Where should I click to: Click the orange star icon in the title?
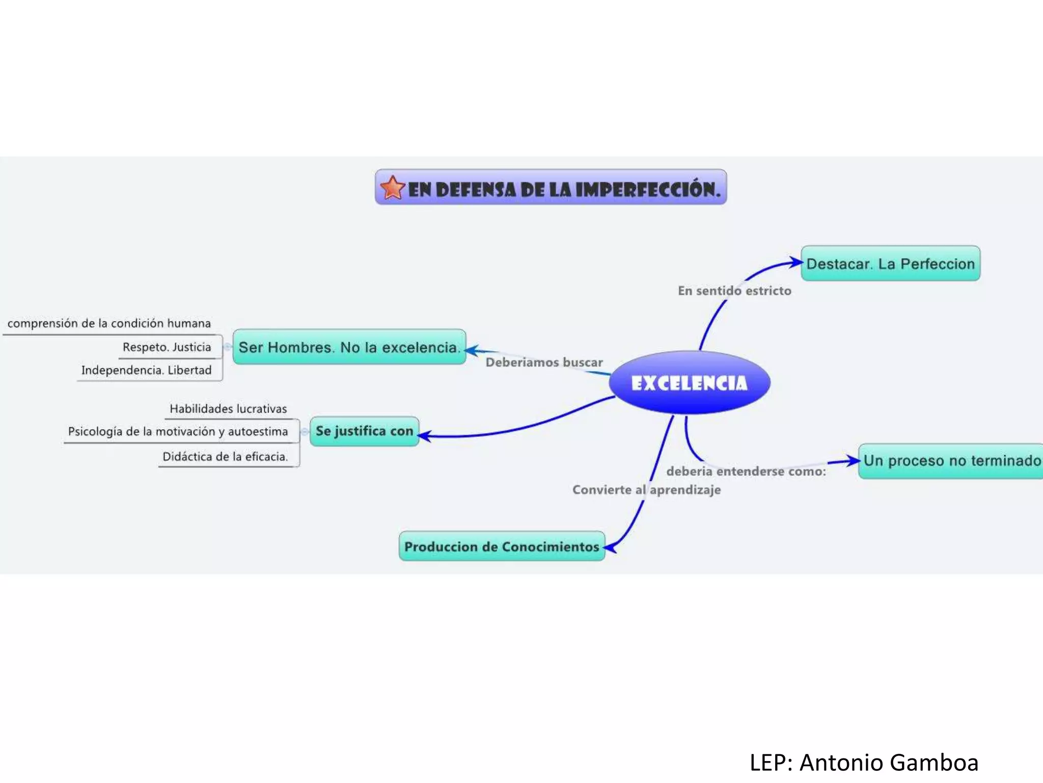pos(392,188)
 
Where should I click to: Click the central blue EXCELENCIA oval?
pos(689,383)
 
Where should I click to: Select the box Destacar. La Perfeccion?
pos(890,264)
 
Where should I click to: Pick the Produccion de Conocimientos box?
pos(502,546)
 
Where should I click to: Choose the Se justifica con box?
pos(364,431)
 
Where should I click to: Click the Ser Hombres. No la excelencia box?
pos(349,347)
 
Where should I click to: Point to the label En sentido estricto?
pos(734,291)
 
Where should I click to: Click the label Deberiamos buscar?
pos(544,362)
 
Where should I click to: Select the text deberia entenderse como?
pos(746,471)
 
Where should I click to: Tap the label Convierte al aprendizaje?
pos(646,490)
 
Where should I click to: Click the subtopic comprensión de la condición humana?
pos(109,323)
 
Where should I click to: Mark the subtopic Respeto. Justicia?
pos(167,347)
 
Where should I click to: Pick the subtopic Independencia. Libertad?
pos(146,370)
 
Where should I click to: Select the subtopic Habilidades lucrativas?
pos(228,409)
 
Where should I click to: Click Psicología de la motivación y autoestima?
pos(178,432)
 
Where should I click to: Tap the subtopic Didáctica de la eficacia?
pos(225,457)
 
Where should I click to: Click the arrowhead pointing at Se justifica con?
pos(424,436)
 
